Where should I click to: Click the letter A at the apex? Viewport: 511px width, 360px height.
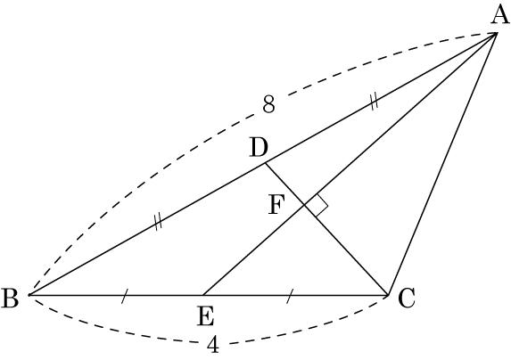coord(500,16)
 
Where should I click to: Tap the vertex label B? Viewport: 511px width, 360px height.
coord(10,299)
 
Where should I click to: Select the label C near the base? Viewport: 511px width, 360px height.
coord(407,299)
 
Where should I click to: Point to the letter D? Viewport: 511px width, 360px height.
coord(260,147)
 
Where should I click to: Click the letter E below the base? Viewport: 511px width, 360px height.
coord(206,316)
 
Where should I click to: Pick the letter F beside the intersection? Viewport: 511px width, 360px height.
coord(276,205)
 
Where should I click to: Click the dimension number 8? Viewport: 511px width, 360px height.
coord(268,104)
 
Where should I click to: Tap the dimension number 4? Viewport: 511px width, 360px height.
coord(213,345)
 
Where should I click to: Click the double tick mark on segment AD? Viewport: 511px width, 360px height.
coord(375,102)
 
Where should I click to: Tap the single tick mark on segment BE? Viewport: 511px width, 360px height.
coord(125,296)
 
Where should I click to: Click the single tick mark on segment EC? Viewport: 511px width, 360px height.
coord(290,296)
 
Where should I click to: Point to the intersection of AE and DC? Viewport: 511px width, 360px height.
coord(305,205)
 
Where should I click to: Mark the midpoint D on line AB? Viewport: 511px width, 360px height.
coord(266,163)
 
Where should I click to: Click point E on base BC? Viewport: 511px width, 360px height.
coord(203,295)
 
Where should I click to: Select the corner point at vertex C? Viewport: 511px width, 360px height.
coord(389,295)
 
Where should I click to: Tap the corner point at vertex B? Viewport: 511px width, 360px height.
coord(29,295)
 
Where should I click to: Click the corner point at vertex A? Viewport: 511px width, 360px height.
coord(497,32)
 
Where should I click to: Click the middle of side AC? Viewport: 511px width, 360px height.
coord(442,164)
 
